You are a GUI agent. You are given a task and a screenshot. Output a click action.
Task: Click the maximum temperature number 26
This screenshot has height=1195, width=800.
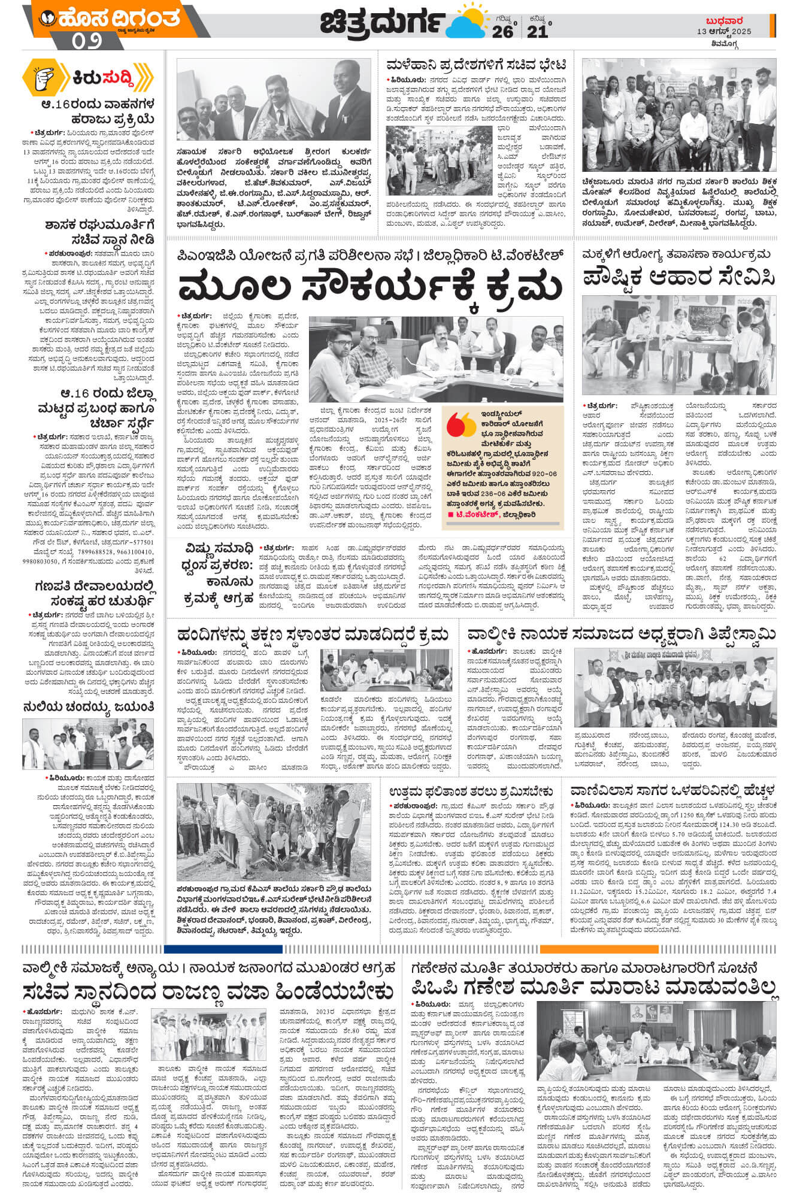click(502, 31)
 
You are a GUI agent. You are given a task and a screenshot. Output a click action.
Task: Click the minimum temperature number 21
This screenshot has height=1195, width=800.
click(537, 31)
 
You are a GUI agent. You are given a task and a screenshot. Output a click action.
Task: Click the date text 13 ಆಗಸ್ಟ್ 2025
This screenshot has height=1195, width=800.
click(724, 31)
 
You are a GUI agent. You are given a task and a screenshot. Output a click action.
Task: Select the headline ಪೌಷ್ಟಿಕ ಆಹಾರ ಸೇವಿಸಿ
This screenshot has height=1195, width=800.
click(679, 277)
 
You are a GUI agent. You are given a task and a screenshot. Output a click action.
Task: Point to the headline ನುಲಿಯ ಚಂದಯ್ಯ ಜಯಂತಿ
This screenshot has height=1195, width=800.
click(89, 706)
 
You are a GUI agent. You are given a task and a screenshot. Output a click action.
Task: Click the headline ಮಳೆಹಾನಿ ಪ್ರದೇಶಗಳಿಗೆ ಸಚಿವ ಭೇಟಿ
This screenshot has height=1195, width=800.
click(476, 65)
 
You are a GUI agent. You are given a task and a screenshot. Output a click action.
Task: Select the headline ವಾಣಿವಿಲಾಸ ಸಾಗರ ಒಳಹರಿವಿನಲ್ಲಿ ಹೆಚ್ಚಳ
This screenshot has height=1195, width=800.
click(672, 788)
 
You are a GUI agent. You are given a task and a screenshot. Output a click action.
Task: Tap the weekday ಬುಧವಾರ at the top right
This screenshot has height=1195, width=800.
click(725, 20)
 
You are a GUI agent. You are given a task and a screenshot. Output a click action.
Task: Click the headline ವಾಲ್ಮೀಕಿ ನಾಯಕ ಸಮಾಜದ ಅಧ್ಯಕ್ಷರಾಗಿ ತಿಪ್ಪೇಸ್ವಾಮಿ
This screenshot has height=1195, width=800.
click(621, 634)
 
